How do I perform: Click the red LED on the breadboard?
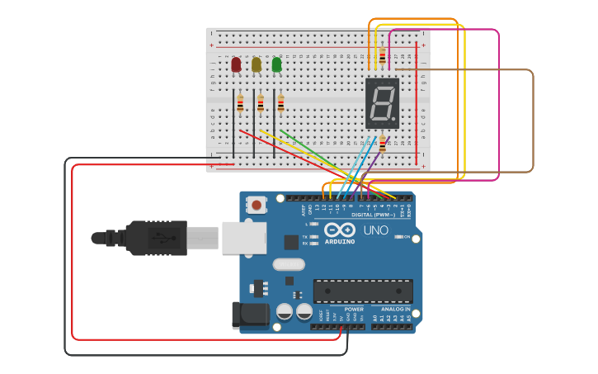click(x=236, y=64)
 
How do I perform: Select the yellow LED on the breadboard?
click(x=257, y=64)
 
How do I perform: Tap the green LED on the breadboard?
click(x=276, y=64)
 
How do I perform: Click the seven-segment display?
click(x=382, y=103)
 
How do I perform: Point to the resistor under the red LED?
click(x=240, y=103)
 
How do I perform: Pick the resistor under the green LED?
click(x=280, y=103)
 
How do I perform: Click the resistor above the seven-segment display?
click(x=382, y=57)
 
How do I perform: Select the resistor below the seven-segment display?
click(x=382, y=144)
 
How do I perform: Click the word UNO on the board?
click(x=375, y=230)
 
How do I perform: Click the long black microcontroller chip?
click(x=363, y=291)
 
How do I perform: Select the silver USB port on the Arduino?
click(x=244, y=238)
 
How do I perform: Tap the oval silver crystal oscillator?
click(x=288, y=264)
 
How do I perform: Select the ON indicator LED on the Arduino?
click(x=399, y=237)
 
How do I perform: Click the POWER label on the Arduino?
click(x=354, y=309)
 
